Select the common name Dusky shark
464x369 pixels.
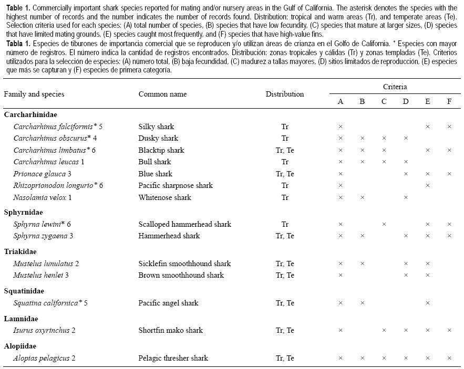[158, 139]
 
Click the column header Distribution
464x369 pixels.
[284, 94]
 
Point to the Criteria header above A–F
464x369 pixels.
[395, 87]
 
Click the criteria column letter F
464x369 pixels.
[449, 101]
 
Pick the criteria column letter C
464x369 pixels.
[384, 101]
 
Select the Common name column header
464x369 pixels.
[162, 94]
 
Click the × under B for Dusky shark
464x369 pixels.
[362, 139]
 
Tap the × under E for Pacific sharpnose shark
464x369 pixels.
[428, 186]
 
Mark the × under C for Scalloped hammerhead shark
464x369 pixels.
[384, 225]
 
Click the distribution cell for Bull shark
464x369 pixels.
[285, 162]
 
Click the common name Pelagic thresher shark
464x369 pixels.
[173, 358]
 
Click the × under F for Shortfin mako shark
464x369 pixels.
[449, 331]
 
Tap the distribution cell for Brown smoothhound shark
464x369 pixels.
[285, 275]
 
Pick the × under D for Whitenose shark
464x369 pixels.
[406, 198]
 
